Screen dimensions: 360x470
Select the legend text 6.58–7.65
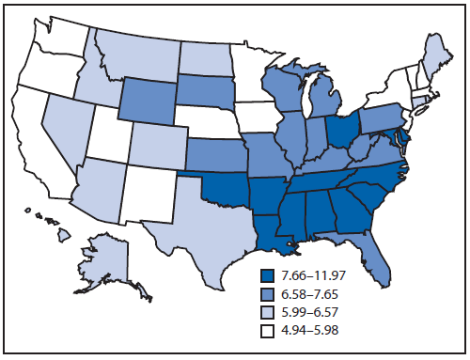[314, 292]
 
